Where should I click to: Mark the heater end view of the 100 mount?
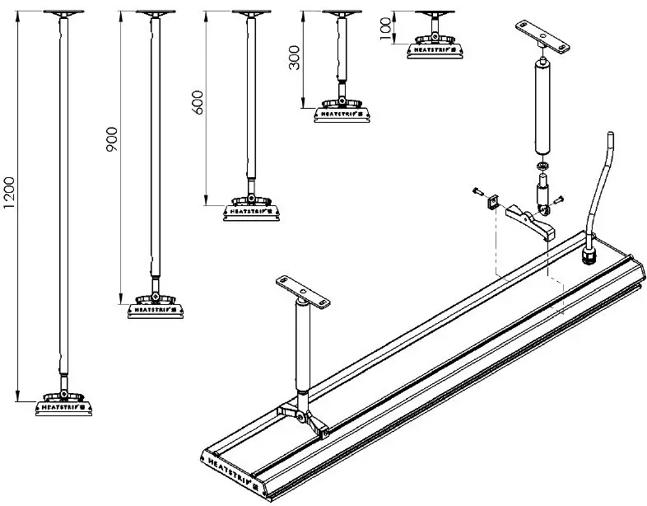[x=434, y=49]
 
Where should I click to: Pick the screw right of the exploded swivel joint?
[x=558, y=198]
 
